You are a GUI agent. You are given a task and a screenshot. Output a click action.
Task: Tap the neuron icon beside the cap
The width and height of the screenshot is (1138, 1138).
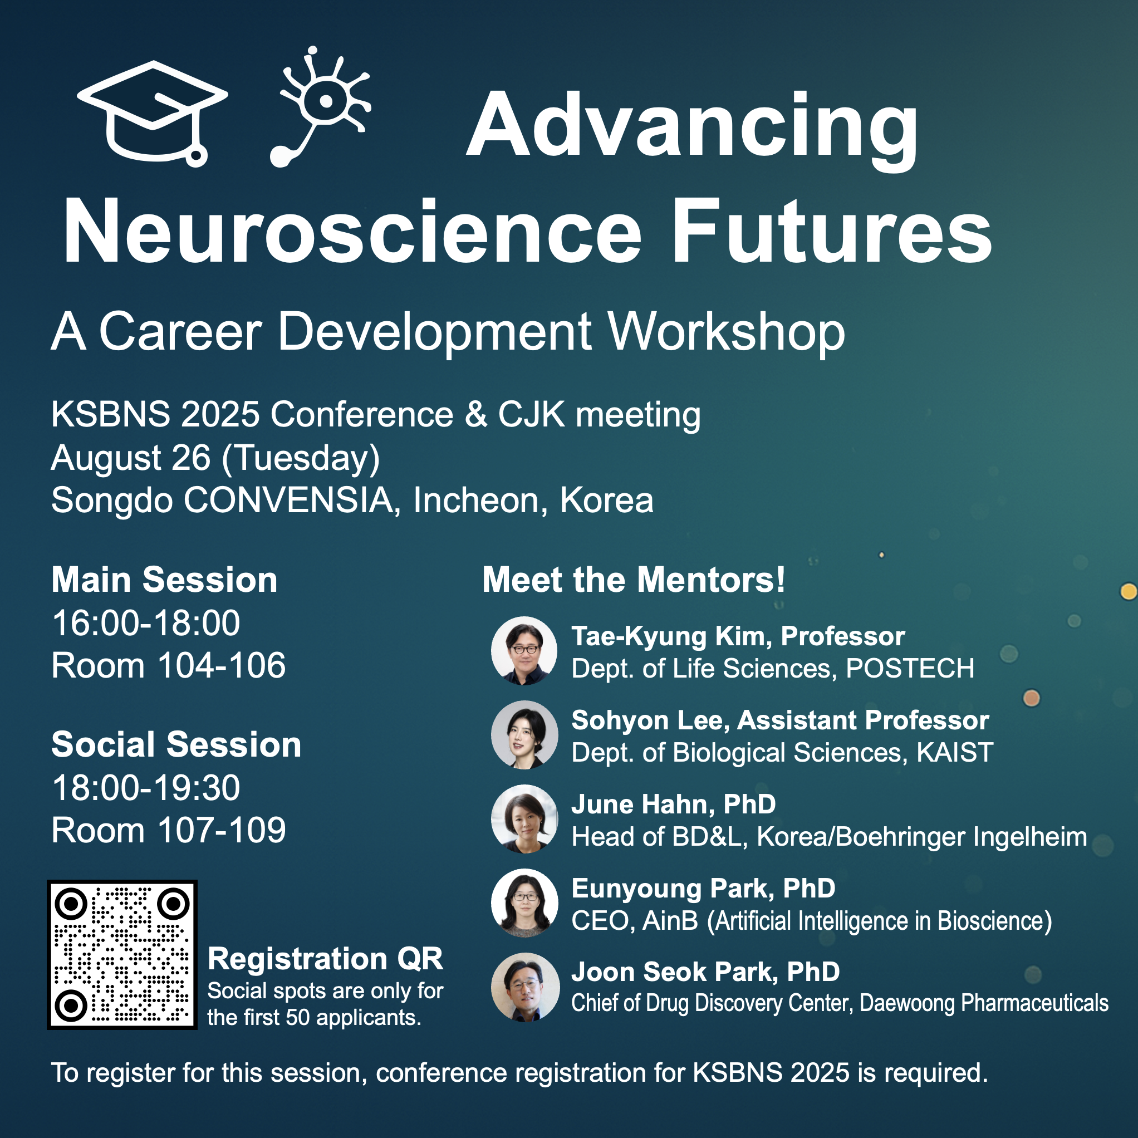[x=321, y=106]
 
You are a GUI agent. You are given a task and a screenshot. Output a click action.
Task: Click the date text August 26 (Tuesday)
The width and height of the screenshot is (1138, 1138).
[x=215, y=459]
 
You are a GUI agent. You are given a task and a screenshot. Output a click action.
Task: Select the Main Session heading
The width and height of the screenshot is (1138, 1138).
[x=164, y=580]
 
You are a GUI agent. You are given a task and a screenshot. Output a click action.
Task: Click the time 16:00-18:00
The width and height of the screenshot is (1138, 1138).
[x=146, y=622]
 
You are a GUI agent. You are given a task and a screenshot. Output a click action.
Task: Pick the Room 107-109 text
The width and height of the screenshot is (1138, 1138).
[x=169, y=831]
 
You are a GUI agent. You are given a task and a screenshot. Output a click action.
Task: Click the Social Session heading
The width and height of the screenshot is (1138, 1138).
[x=176, y=744]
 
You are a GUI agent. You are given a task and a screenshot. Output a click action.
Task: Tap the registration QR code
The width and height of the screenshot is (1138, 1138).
[x=122, y=955]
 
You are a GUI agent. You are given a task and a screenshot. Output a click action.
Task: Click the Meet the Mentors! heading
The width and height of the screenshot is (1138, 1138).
[x=634, y=580]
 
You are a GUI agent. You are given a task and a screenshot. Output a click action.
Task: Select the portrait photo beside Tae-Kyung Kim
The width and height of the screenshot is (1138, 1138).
[x=524, y=650]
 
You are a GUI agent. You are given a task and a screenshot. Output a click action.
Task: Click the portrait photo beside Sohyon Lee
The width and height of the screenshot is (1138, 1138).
[x=524, y=734]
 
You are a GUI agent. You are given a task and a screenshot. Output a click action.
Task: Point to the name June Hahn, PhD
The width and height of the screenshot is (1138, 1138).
[x=673, y=804]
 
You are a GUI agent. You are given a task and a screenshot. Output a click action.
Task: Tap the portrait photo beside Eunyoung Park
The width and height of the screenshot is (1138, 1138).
[x=524, y=902]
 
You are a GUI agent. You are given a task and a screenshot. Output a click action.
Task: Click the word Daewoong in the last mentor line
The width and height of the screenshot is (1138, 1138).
[x=907, y=1003]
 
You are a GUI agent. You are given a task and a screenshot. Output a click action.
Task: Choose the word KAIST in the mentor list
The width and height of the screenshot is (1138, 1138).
[x=955, y=753]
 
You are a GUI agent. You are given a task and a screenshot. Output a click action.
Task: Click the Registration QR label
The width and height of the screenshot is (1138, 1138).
[x=325, y=958]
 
